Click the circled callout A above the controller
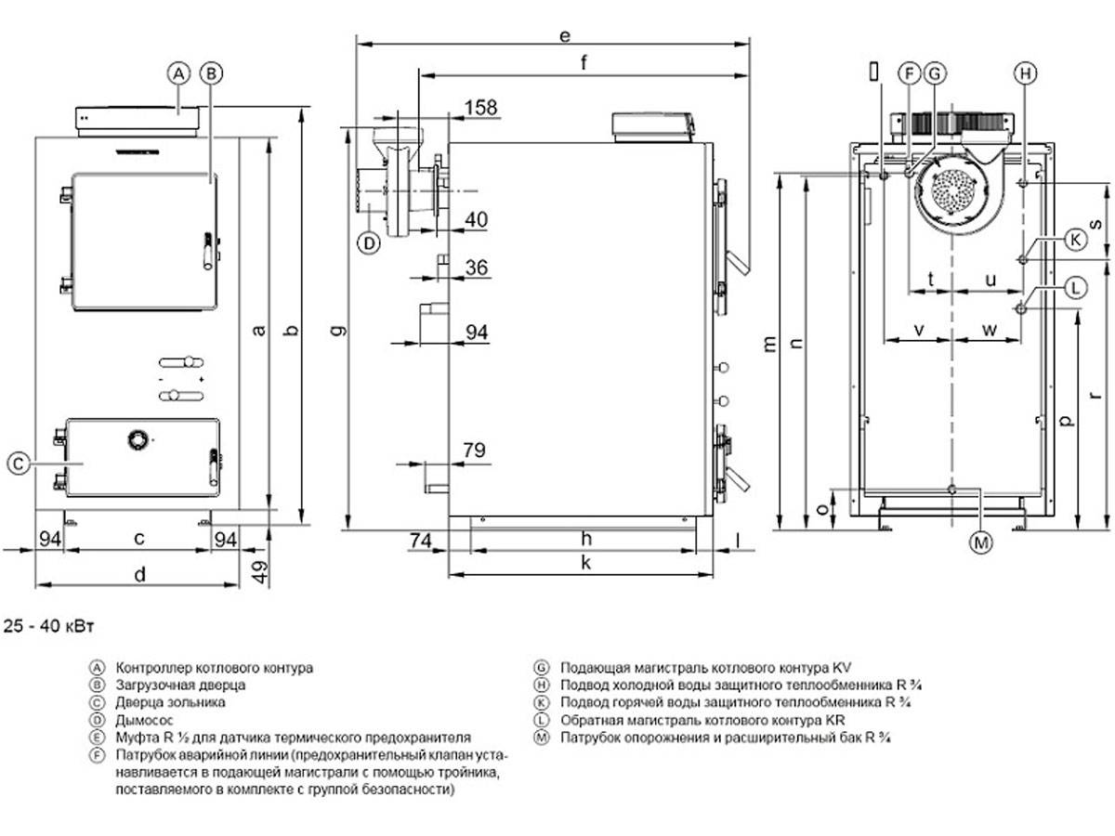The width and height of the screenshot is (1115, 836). (x=179, y=72)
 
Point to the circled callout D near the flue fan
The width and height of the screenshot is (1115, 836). (x=369, y=243)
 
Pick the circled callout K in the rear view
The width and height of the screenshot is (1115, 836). (x=1074, y=240)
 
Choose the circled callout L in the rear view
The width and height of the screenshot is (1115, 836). (x=1074, y=288)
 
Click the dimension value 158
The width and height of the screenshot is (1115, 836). (x=479, y=109)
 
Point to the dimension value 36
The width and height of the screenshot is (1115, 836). (x=476, y=268)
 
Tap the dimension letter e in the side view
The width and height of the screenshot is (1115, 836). (x=564, y=34)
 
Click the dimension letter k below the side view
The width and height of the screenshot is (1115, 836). (x=585, y=562)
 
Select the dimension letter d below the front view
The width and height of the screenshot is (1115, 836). (x=139, y=574)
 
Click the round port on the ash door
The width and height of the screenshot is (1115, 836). (x=138, y=438)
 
